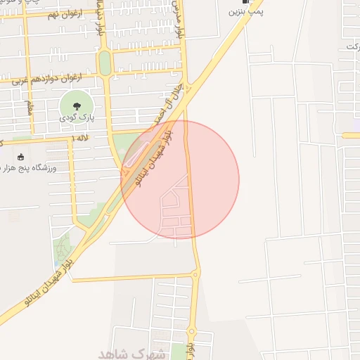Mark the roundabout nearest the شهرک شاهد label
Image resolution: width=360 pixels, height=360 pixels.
[191, 331]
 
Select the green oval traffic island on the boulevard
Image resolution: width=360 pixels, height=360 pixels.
[105, 63]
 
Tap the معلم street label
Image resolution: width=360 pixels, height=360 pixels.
[28, 109]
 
